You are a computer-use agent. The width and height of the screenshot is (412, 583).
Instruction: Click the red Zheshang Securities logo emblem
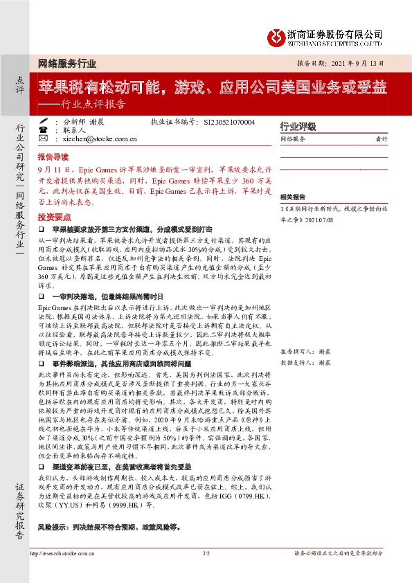click(x=277, y=35)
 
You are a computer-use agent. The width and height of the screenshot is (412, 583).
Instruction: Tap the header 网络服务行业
click(x=66, y=62)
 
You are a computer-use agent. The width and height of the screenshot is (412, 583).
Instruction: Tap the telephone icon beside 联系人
click(x=44, y=130)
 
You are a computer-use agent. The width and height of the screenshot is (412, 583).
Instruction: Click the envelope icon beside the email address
click(x=44, y=139)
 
